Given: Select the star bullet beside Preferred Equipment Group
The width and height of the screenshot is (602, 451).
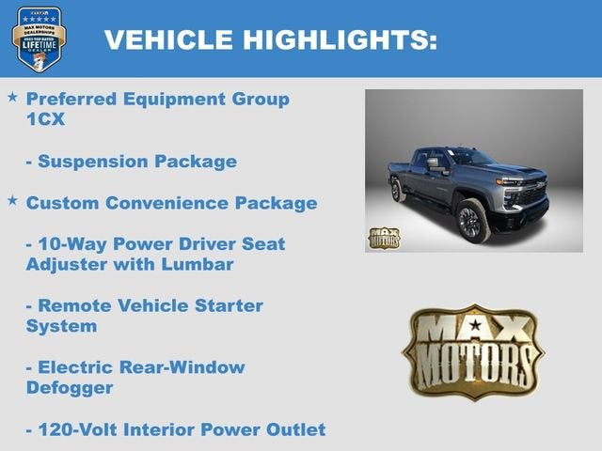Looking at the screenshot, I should (12, 97).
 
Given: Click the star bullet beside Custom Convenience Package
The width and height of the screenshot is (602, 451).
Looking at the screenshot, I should (12, 200).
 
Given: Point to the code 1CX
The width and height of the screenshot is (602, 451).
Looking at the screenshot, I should (45, 119).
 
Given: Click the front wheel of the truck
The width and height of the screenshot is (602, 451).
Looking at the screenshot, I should (471, 220).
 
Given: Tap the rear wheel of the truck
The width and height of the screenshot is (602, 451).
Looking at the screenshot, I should (399, 191).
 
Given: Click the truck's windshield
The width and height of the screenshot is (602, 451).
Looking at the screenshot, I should (470, 157).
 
